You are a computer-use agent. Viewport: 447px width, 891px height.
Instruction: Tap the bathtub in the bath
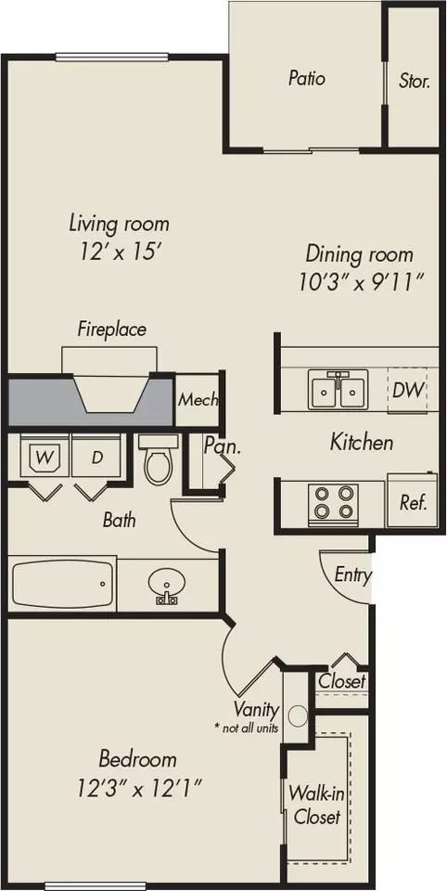click(62, 585)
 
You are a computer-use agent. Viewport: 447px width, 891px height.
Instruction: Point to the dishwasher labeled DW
click(408, 391)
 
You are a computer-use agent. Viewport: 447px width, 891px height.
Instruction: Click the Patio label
click(307, 78)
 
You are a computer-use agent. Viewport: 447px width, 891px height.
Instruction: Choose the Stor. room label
click(414, 82)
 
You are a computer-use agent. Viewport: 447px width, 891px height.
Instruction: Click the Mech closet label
click(198, 400)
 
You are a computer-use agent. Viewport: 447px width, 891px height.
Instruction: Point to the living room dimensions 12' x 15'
click(119, 252)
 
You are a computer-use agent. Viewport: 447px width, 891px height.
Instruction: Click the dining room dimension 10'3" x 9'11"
click(362, 282)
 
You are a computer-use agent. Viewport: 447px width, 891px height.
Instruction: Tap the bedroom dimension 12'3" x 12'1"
click(139, 788)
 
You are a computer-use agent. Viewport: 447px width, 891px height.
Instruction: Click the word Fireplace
click(112, 329)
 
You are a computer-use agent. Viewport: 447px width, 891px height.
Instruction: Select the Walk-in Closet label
click(316, 805)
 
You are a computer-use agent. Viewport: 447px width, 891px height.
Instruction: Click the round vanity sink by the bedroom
click(298, 716)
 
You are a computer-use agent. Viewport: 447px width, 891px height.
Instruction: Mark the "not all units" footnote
click(246, 728)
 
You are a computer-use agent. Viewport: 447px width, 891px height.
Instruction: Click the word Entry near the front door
click(352, 575)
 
